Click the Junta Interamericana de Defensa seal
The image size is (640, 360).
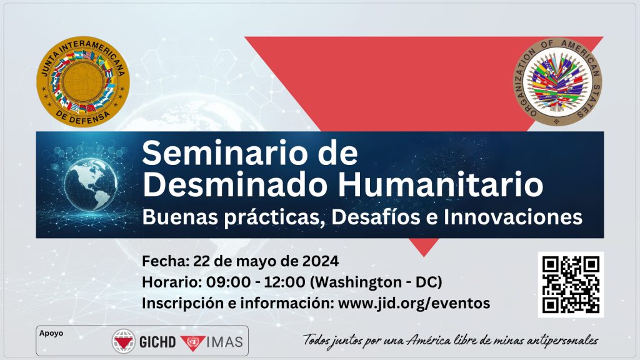click(x=83, y=82)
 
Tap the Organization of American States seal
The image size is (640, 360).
click(x=557, y=82)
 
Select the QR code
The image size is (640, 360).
click(x=571, y=284)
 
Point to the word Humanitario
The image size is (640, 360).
click(x=441, y=184)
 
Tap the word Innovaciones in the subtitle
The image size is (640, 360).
click(x=513, y=217)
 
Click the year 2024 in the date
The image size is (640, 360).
click(x=321, y=261)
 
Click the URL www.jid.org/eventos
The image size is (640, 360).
click(x=414, y=303)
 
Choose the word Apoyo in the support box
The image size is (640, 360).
click(x=51, y=333)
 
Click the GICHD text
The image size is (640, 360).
click(x=157, y=342)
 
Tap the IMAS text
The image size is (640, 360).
click(x=225, y=342)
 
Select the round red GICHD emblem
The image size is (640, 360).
click(x=124, y=341)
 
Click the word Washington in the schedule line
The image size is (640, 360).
click(x=356, y=282)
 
